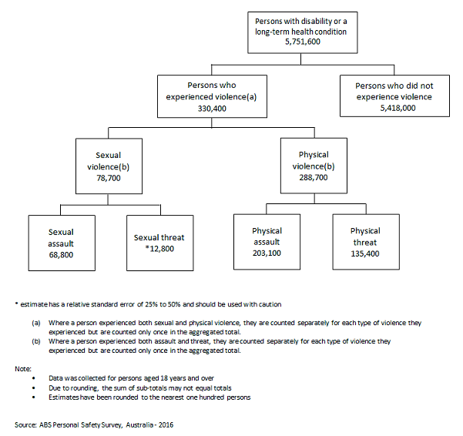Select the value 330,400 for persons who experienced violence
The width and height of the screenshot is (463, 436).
tap(206, 109)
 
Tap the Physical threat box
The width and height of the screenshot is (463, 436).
tap(364, 240)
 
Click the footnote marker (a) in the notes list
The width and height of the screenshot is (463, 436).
tap(36, 319)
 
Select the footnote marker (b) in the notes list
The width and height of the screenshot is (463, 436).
tap(36, 340)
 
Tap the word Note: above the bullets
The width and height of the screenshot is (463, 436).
tap(22, 369)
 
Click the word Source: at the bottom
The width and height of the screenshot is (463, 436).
tap(27, 424)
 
